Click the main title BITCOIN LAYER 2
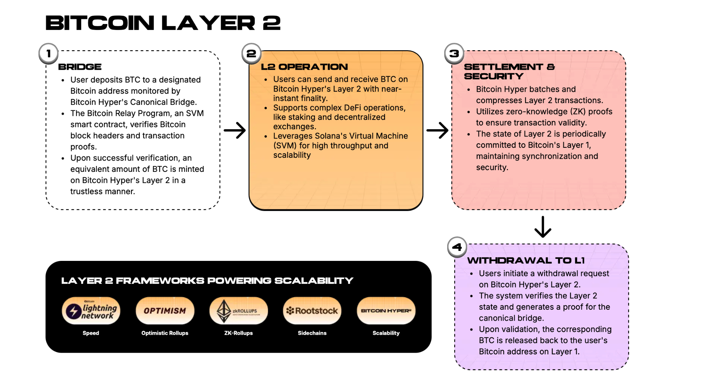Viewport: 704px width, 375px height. pos(163,23)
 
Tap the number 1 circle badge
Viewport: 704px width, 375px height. pos(48,54)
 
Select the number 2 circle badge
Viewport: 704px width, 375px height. pos(251,54)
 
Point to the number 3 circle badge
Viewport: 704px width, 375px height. pos(454,54)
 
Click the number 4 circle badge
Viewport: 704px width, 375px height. pos(457,247)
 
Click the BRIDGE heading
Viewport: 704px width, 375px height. pos(80,67)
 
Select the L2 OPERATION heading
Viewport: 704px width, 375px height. pos(304,67)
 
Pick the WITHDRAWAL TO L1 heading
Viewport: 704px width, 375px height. pos(526,261)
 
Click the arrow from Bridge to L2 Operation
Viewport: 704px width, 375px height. pos(235,130)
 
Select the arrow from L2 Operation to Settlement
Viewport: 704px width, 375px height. pos(438,130)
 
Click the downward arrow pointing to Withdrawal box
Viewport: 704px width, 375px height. pos(543,227)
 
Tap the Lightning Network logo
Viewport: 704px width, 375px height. pos(91,311)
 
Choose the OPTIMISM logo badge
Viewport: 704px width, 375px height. pos(165,311)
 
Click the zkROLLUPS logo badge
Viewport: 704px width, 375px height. pos(239,311)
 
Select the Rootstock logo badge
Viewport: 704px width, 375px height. pos(312,311)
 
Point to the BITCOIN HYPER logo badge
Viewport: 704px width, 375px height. pos(386,311)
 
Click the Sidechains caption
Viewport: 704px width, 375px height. pos(312,333)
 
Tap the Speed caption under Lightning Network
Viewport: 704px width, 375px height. pos(91,333)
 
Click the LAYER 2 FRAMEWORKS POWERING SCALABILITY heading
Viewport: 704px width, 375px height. pos(207,281)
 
